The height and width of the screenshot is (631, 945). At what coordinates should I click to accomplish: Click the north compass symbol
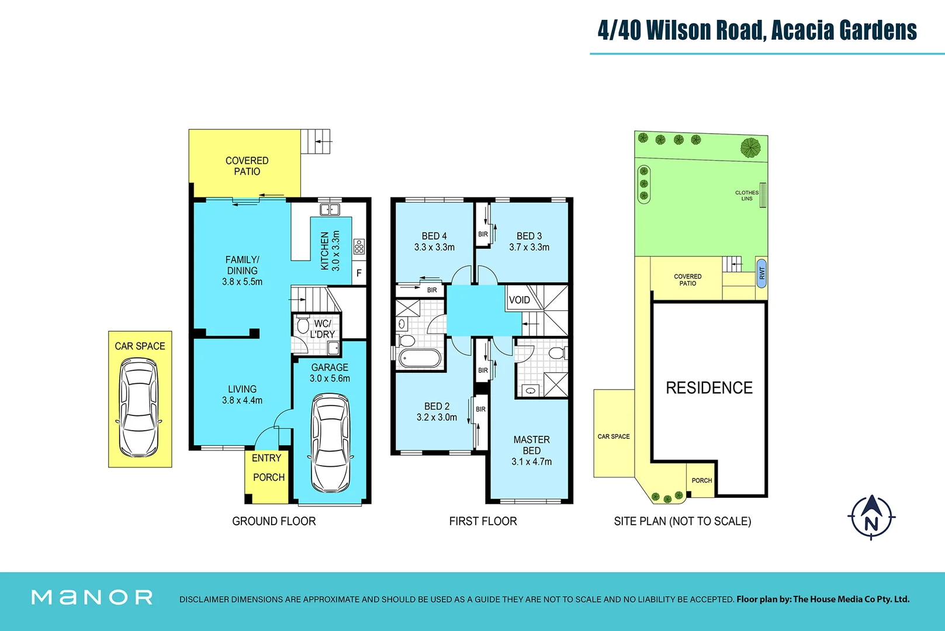tap(871, 517)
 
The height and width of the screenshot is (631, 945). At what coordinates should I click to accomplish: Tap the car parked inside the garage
tap(331, 443)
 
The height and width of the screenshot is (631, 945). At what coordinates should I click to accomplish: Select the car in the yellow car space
tap(139, 407)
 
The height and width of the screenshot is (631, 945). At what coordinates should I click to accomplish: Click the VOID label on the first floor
tap(519, 300)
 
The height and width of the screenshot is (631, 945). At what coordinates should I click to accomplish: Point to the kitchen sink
tap(330, 210)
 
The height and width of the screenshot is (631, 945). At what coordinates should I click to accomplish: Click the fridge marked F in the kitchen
tap(359, 273)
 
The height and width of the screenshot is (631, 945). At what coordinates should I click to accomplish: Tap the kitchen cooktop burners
tap(359, 247)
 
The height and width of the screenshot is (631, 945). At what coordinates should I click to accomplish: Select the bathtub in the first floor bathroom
tap(419, 358)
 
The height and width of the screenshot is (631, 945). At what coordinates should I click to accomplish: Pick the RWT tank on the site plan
tap(761, 272)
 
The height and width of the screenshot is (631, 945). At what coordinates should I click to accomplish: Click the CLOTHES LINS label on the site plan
tap(747, 196)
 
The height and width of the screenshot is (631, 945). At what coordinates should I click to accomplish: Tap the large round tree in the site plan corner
tap(750, 147)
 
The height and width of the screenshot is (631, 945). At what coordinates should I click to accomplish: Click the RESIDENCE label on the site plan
tap(709, 388)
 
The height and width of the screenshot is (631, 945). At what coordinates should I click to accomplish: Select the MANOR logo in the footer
tap(92, 597)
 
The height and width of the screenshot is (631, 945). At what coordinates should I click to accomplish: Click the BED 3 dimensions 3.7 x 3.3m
tap(529, 247)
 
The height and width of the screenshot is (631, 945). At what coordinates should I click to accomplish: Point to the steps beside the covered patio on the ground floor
tap(316, 141)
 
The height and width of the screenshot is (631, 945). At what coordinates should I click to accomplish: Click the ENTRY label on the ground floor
tap(266, 458)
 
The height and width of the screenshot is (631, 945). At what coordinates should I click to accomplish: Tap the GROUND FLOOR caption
tap(274, 521)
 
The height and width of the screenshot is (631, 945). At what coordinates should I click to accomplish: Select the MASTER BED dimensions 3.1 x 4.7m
tap(531, 462)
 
